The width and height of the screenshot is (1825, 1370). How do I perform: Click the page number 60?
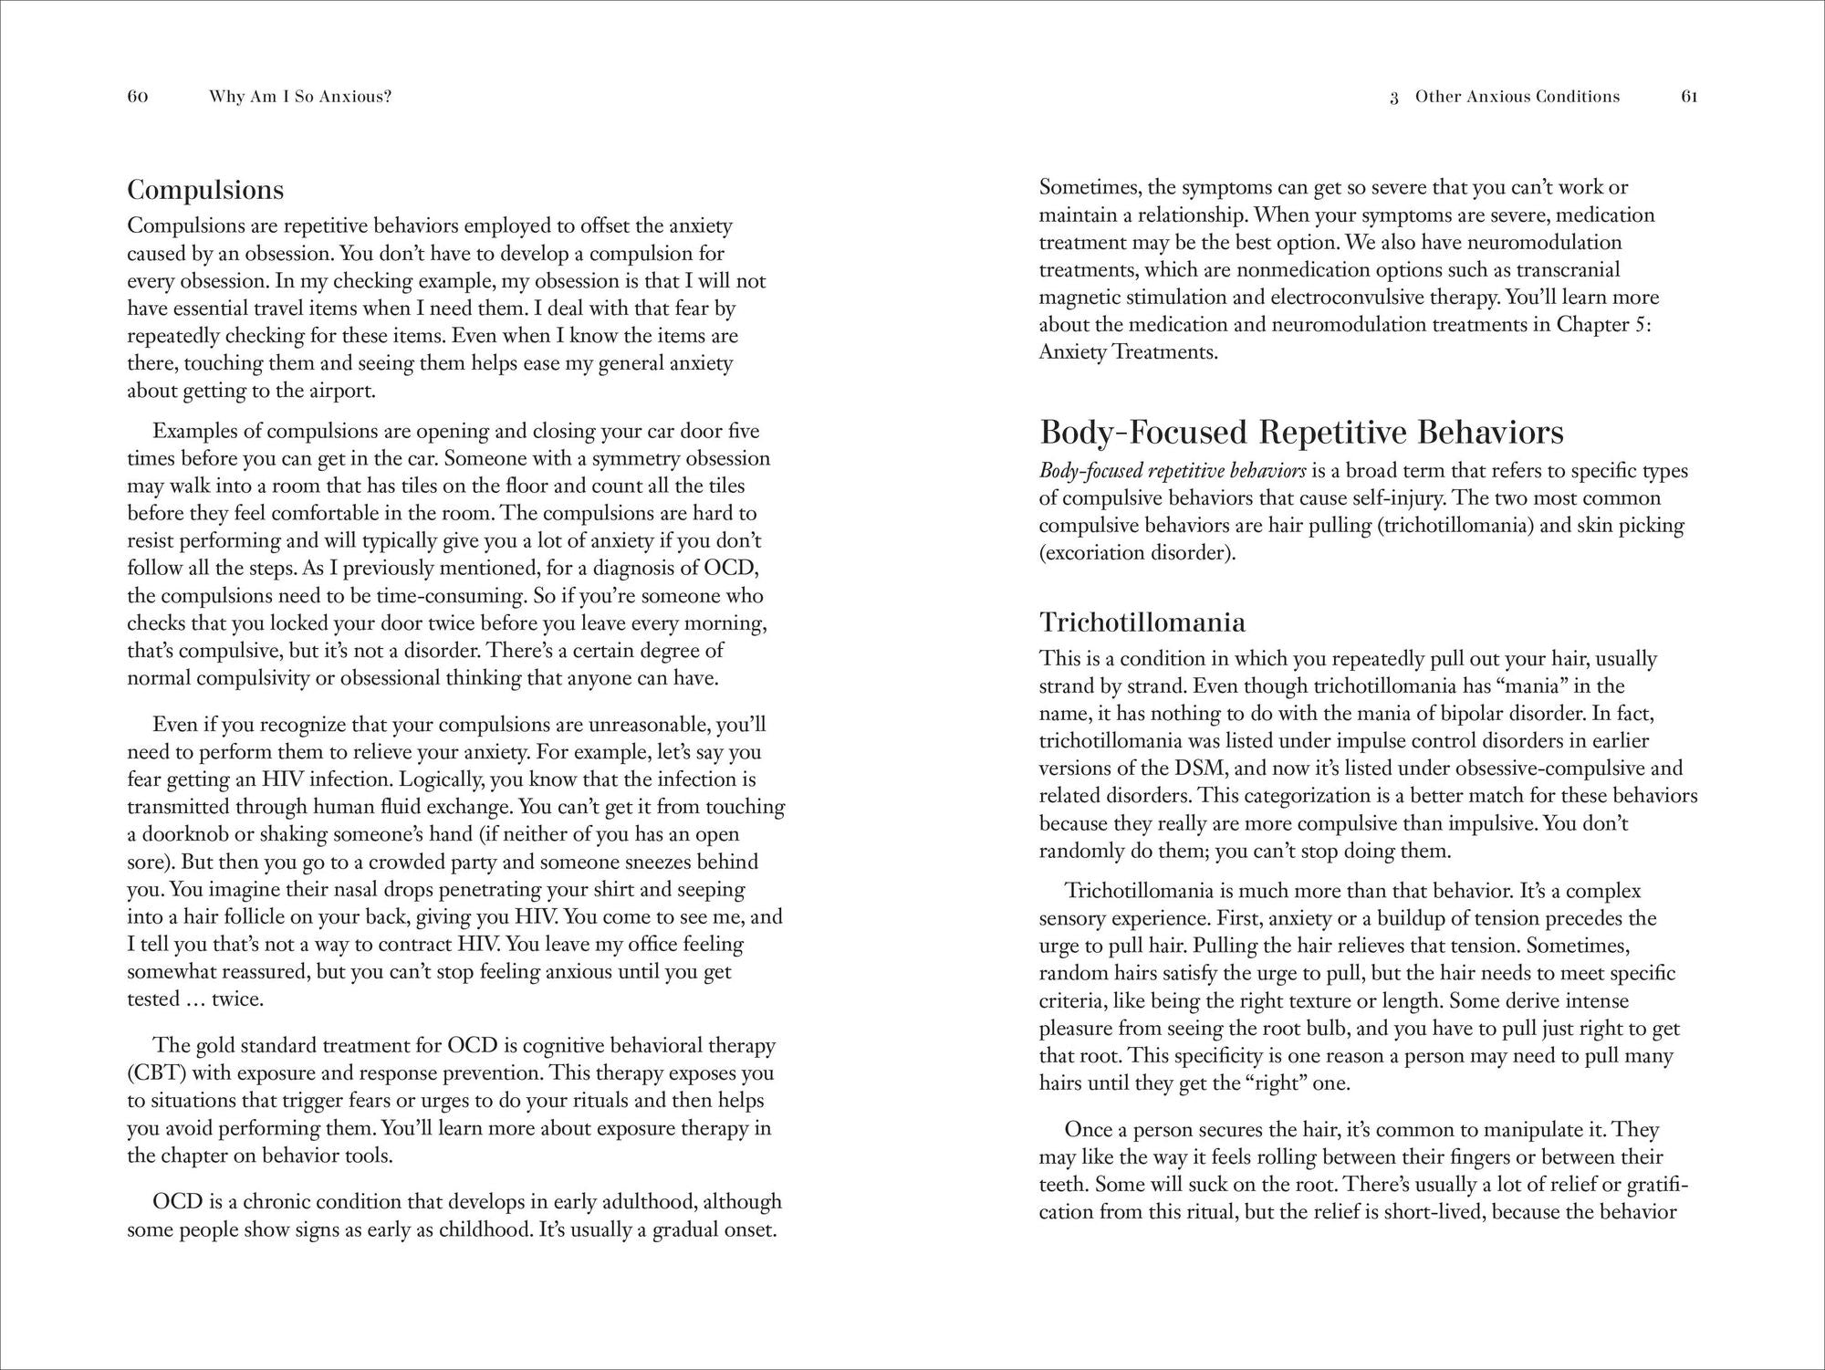tap(138, 97)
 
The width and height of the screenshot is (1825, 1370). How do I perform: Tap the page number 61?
tap(1689, 97)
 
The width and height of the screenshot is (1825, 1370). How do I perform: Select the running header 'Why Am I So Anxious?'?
tap(300, 97)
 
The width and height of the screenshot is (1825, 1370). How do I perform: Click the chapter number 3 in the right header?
tap(1394, 98)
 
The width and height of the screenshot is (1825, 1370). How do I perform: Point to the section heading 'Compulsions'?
tap(205, 190)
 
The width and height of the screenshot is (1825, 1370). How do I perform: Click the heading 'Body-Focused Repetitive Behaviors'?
tap(1301, 432)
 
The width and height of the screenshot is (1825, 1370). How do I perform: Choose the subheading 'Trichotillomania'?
tap(1142, 622)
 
